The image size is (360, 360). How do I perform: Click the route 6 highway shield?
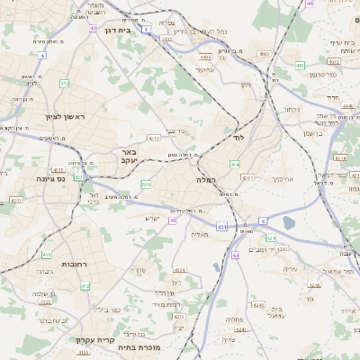[x=264, y=220]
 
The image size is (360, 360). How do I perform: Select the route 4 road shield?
[x=41, y=56]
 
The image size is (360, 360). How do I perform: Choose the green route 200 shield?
[x=145, y=184]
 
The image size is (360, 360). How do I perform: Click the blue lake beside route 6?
[x=288, y=222]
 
